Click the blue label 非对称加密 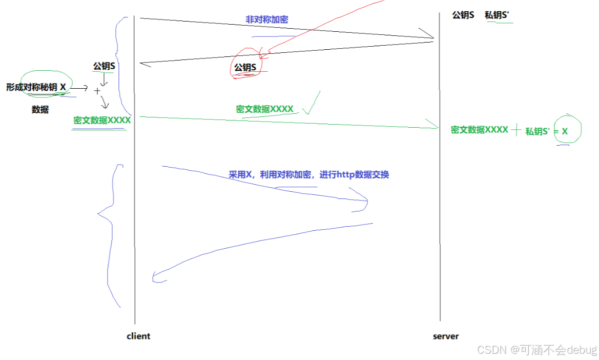[x=266, y=19]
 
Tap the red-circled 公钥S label [x=245, y=68]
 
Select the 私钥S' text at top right [x=497, y=15]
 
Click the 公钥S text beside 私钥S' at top [x=463, y=15]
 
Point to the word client [x=138, y=336]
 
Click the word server [x=446, y=336]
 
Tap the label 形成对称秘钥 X [x=36, y=87]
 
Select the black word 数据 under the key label [x=40, y=110]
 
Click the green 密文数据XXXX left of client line [x=102, y=121]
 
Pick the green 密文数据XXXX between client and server [x=264, y=109]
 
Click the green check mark [x=312, y=103]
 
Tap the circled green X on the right [x=565, y=131]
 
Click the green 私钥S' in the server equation [x=537, y=131]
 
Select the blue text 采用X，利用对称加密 [x=270, y=175]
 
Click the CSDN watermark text [x=536, y=350]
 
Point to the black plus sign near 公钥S [x=97, y=91]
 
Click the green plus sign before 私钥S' [x=516, y=130]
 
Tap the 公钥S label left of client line [x=104, y=66]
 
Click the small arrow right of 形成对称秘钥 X [x=79, y=88]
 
